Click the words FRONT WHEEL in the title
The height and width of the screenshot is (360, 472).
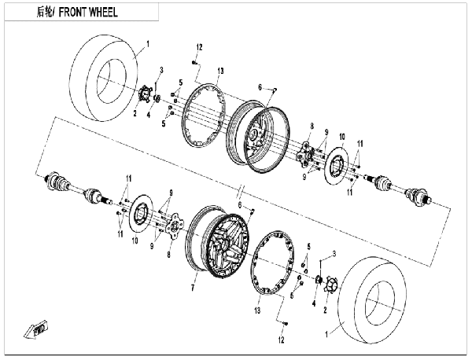[x=88, y=13]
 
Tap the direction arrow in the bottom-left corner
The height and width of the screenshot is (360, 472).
[x=36, y=329]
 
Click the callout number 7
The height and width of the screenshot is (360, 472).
[x=193, y=288]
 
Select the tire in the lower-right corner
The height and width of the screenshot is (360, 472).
[x=372, y=299]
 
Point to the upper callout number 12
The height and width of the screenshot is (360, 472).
[x=199, y=47]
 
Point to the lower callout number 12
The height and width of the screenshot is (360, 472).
[x=281, y=340]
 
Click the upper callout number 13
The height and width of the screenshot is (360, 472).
[x=220, y=71]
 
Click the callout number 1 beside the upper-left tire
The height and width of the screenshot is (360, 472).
[x=148, y=44]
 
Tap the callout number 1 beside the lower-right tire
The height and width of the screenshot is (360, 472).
[x=326, y=334]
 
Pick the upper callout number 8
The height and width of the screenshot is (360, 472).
[x=312, y=127]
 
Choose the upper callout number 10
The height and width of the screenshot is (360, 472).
[x=342, y=137]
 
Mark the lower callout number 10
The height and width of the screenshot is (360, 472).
[x=135, y=241]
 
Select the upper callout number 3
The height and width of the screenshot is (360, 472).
[x=161, y=70]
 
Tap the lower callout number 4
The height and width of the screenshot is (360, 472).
[x=314, y=303]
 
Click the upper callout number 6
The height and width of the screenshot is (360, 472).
[x=260, y=87]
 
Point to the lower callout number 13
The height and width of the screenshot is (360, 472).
[x=257, y=310]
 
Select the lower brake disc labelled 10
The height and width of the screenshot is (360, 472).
[x=141, y=214]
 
